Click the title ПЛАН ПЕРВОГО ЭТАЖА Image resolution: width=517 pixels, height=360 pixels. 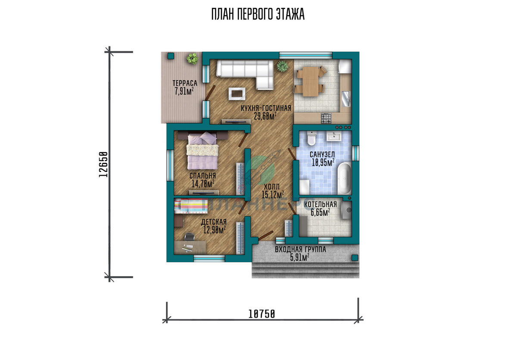258,14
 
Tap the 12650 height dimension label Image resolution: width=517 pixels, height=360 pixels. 103,164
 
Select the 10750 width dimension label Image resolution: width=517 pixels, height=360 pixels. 262,314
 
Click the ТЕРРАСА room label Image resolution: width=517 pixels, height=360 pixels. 185,83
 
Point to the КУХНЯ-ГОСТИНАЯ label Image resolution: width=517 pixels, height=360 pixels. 266,108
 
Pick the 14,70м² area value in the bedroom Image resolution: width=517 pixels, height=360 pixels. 202,184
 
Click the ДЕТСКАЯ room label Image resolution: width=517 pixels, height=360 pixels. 214,222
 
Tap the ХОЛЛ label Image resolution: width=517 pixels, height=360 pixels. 272,186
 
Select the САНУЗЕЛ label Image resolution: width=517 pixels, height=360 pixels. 322,154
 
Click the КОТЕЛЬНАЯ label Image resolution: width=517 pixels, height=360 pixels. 321,205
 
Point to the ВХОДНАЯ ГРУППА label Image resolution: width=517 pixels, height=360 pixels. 300,249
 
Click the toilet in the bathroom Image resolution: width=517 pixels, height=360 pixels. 311,138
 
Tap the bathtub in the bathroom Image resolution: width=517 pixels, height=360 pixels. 344,178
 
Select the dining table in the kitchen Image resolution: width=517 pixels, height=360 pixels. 310,81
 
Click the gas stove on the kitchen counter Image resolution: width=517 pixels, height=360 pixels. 326,118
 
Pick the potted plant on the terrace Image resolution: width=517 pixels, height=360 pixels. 192,59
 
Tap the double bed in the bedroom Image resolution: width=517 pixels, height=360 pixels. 202,150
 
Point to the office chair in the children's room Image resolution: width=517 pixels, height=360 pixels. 189,236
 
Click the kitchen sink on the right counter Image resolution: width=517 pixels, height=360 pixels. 346,99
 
